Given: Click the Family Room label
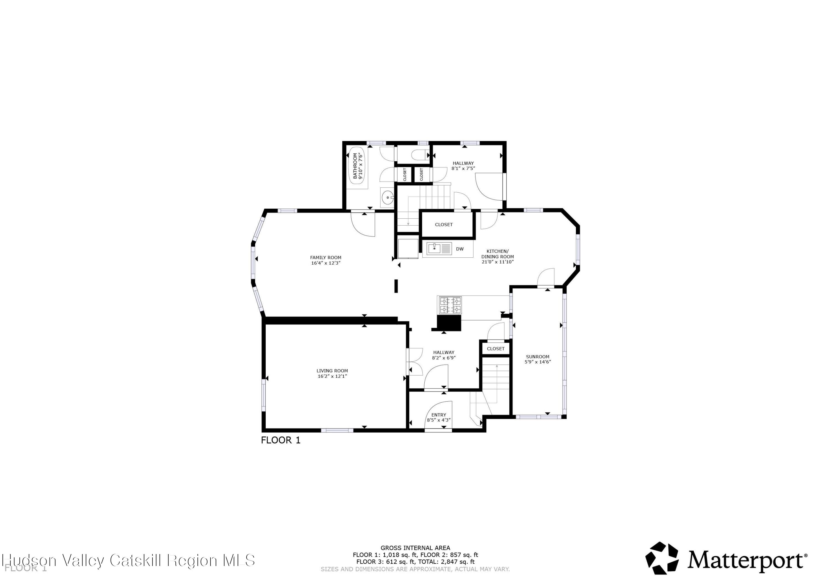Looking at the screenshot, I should point(325,257).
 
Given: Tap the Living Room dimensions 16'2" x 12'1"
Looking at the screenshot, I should point(332,376).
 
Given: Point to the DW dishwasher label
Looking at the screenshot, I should point(460,249).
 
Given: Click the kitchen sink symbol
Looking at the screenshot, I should point(434,249).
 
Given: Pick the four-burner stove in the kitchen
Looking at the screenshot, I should point(450,305).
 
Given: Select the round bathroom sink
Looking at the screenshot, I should point(387,198).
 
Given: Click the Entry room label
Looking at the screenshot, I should point(439,415).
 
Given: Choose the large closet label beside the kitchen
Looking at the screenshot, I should point(444,225).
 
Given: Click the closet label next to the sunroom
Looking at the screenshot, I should point(496,349).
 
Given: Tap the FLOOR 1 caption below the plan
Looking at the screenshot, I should point(281,440).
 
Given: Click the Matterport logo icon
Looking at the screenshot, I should point(662,558).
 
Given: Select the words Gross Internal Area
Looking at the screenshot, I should point(415,548).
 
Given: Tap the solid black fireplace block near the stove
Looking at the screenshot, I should point(449,323).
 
